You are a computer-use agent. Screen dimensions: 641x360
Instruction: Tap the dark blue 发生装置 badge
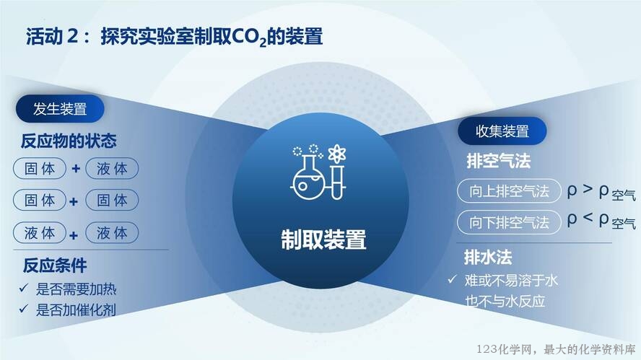coord(60,109)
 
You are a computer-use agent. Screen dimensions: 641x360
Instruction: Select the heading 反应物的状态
coord(69,141)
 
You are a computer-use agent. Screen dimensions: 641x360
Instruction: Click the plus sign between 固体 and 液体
coord(76,168)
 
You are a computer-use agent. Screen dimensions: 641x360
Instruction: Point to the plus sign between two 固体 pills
coord(74,201)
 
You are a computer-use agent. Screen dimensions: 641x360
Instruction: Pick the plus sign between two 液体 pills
coord(74,235)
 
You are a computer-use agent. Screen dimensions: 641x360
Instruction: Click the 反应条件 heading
coord(55,265)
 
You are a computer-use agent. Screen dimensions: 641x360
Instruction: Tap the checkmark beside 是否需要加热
coord(24,288)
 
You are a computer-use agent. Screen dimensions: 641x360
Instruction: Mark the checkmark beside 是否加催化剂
coord(24,309)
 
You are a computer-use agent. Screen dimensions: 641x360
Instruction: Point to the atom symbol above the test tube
coord(337,154)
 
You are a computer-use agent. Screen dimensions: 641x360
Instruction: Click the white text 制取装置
coord(323,239)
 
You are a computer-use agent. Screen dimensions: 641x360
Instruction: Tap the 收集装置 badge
coord(502,131)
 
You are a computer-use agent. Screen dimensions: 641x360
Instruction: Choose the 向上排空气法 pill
coord(509,191)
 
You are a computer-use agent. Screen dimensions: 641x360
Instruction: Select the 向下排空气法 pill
coord(509,222)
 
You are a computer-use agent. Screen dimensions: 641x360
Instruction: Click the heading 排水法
coord(488,258)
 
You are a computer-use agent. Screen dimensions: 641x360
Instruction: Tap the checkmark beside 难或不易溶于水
coord(452,279)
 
